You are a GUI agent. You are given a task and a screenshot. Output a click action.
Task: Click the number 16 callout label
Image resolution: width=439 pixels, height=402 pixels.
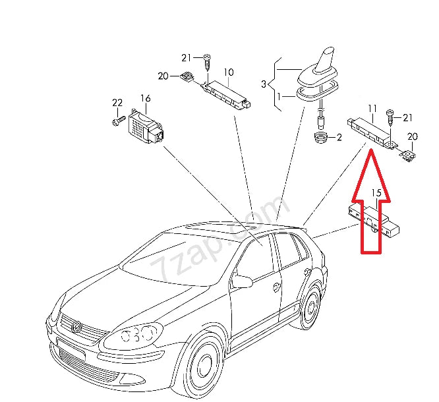tap(145, 99)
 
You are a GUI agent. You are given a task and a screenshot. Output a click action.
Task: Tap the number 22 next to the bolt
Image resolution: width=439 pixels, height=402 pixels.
tap(117, 103)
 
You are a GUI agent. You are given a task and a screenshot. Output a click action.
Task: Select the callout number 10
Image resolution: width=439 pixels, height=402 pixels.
tap(229, 72)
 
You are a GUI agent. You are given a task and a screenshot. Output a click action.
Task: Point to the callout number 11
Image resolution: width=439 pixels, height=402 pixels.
tap(372, 107)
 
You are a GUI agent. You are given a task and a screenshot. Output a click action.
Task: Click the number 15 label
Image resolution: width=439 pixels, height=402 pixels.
tap(376, 192)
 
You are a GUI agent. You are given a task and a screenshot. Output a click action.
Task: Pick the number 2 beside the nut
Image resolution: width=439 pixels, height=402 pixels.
tap(339, 138)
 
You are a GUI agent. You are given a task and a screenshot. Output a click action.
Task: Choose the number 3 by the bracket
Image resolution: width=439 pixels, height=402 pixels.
tap(264, 84)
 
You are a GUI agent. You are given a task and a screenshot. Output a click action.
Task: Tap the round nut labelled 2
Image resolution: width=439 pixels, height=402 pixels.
tap(320, 138)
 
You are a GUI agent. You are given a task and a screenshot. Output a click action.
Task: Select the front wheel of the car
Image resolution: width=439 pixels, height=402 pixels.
tap(201, 366)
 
